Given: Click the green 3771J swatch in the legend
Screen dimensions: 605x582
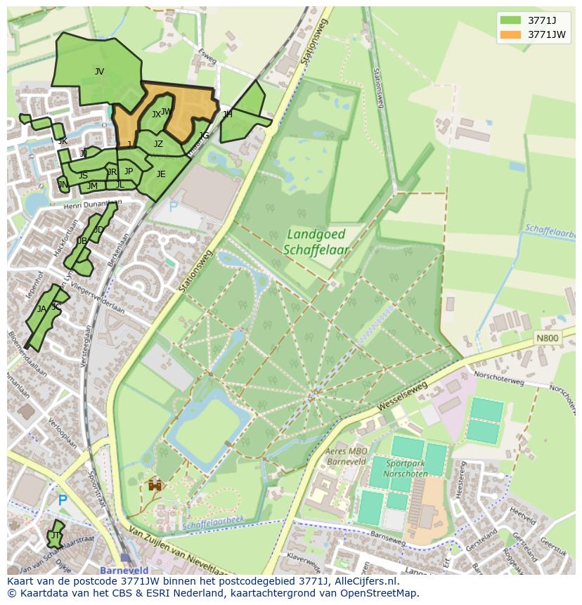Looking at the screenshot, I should [510, 20].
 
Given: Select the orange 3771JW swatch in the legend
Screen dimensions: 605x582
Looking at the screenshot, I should [510, 34].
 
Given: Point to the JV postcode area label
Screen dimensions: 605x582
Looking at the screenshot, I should [99, 71].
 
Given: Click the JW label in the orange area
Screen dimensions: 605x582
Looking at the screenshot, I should [166, 111].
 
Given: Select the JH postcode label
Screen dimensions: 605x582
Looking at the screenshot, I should [227, 114].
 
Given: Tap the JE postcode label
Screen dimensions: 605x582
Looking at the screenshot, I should [161, 174].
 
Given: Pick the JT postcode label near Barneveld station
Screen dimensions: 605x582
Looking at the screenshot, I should [55, 535].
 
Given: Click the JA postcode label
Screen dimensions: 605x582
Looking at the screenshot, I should [41, 309].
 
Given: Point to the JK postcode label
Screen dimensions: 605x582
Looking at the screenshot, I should [63, 141].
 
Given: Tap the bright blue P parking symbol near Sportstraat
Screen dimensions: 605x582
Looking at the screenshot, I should [63, 500].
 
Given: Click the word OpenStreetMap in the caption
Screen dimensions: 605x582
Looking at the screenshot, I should [380, 593].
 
